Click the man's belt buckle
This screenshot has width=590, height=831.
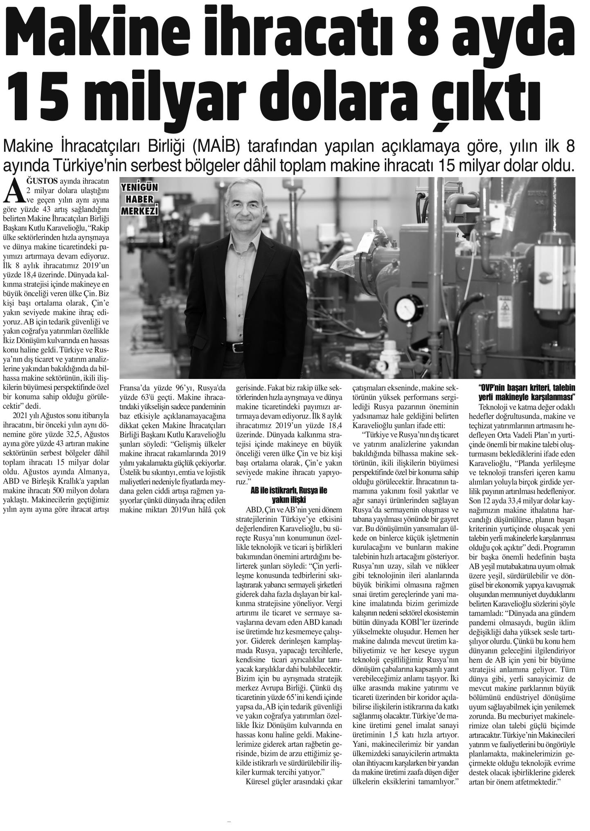(238, 347)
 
